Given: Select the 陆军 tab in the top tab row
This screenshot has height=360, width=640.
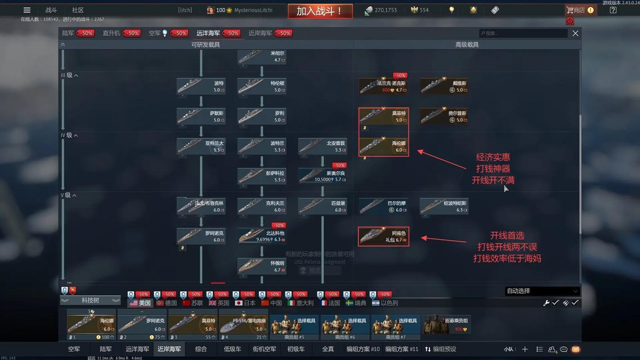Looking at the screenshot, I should (x=68, y=33).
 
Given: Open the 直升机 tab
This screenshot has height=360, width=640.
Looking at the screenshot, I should (x=111, y=33).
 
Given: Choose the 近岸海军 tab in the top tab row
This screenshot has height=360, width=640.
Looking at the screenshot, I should (x=260, y=33).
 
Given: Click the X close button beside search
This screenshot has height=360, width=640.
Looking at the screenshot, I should (x=575, y=33).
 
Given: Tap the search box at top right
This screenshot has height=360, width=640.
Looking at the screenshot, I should (x=523, y=33).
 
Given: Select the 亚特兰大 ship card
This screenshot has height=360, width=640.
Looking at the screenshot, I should (x=201, y=146).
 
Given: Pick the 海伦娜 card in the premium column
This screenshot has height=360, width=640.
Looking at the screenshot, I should (x=383, y=146).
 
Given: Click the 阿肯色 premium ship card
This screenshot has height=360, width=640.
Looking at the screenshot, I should (x=383, y=236).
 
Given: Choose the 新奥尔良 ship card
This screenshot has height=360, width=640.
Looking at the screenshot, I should (x=322, y=176).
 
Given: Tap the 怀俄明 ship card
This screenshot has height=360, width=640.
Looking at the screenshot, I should (x=261, y=266).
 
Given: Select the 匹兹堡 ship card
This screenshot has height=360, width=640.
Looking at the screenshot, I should (x=322, y=206).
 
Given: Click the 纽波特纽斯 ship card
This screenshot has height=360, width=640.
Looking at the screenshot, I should (x=444, y=206).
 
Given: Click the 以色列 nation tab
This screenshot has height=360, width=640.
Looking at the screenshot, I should (x=385, y=303).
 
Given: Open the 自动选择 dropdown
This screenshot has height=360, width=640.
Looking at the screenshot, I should (x=542, y=291).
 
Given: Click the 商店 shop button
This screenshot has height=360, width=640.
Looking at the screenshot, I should (x=580, y=10).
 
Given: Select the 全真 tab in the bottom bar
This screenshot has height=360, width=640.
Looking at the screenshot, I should (x=328, y=349).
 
